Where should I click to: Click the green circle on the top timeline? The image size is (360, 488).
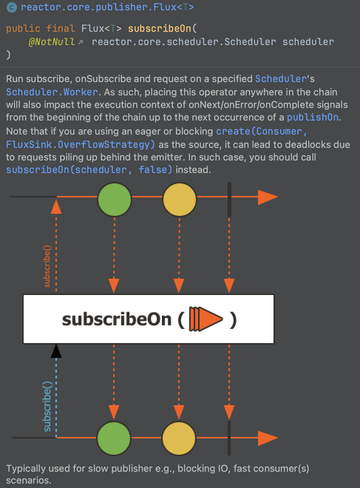[x=115, y=199]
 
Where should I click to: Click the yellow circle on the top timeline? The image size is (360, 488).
[x=180, y=199]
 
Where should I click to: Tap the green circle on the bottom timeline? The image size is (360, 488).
[x=114, y=438]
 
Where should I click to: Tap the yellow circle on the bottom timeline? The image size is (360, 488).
[x=179, y=438]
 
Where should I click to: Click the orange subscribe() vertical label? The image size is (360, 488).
[x=47, y=266]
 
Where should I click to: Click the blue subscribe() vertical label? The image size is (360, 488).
[x=47, y=406]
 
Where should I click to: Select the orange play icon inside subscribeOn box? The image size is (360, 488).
[x=206, y=319]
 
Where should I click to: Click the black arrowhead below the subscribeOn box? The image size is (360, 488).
[x=56, y=351]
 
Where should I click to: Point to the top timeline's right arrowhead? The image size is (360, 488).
[x=268, y=197]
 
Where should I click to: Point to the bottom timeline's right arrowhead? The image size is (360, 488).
[x=268, y=438]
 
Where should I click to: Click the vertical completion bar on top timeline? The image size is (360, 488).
[x=229, y=199]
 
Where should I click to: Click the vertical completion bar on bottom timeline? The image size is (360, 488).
[x=229, y=438]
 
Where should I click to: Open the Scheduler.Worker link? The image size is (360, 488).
[x=52, y=92]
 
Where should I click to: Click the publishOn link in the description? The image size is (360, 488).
[x=313, y=117]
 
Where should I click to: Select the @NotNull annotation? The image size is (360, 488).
[x=51, y=42]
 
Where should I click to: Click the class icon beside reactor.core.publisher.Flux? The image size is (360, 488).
[x=12, y=7]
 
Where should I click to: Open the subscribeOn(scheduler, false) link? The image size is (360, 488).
[x=89, y=170]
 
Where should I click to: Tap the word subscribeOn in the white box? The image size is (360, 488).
[x=117, y=319]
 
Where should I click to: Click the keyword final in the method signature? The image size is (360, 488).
[x=61, y=28]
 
